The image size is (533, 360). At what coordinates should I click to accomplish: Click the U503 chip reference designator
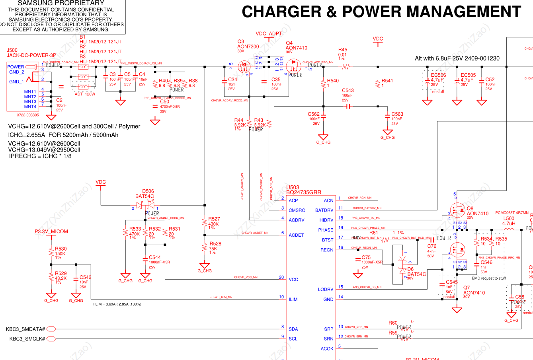293,187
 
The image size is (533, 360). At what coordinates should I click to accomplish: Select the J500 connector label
12,50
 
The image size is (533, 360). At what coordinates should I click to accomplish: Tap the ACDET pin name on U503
296,235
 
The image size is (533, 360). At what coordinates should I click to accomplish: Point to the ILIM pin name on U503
293,299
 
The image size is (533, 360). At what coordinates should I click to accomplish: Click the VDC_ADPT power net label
269,34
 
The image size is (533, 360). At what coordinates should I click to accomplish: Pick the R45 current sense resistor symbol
345,67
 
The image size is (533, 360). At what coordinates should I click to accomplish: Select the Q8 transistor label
470,208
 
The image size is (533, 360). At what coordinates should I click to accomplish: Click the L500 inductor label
509,218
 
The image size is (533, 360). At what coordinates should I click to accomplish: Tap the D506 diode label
148,191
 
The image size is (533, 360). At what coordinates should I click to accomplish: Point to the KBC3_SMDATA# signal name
25,329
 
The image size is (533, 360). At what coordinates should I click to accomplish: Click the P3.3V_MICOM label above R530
51,232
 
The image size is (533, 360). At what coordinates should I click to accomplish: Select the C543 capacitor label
348,91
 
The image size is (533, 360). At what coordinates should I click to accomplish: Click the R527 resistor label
214,219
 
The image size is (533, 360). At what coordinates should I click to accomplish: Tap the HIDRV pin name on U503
326,220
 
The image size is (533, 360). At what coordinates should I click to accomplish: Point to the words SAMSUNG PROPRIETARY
61,3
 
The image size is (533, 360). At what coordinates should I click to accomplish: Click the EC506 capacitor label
438,75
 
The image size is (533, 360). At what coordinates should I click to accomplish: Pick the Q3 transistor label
241,42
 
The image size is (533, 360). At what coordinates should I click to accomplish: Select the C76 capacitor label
432,246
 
